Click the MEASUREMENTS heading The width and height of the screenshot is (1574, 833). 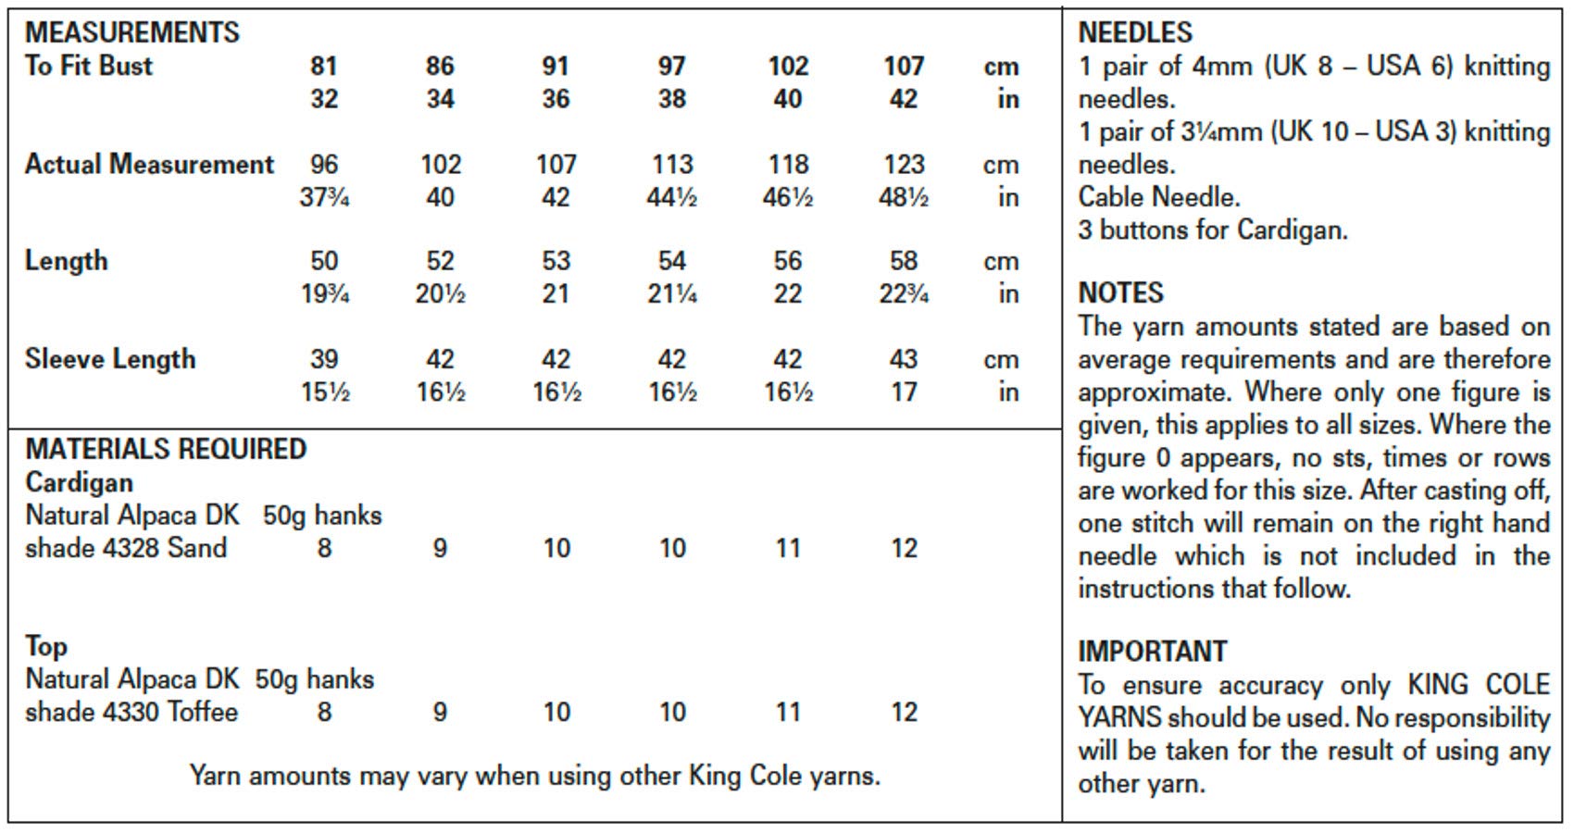(131, 32)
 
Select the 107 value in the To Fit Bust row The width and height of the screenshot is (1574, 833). (903, 66)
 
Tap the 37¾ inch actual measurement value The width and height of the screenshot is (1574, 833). (324, 197)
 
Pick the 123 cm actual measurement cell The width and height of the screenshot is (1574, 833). (903, 164)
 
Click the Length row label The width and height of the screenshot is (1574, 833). (66, 261)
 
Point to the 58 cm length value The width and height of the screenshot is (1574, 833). (903, 261)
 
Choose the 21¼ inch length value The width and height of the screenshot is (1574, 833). (671, 294)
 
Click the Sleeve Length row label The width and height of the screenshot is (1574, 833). (110, 359)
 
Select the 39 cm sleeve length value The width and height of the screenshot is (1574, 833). (324, 359)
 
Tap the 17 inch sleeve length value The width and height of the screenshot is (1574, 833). (903, 392)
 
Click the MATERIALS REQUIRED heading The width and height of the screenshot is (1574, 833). (166, 449)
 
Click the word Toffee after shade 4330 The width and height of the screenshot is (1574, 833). (203, 712)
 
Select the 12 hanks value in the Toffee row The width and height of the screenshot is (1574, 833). (903, 712)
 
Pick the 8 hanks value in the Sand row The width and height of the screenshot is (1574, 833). (324, 548)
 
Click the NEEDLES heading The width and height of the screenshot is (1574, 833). (1135, 32)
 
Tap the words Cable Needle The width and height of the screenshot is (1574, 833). (1158, 197)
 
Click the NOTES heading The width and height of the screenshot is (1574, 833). (1120, 293)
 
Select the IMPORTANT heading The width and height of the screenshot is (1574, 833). (1152, 652)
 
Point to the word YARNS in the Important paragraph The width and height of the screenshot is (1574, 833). (1118, 718)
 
